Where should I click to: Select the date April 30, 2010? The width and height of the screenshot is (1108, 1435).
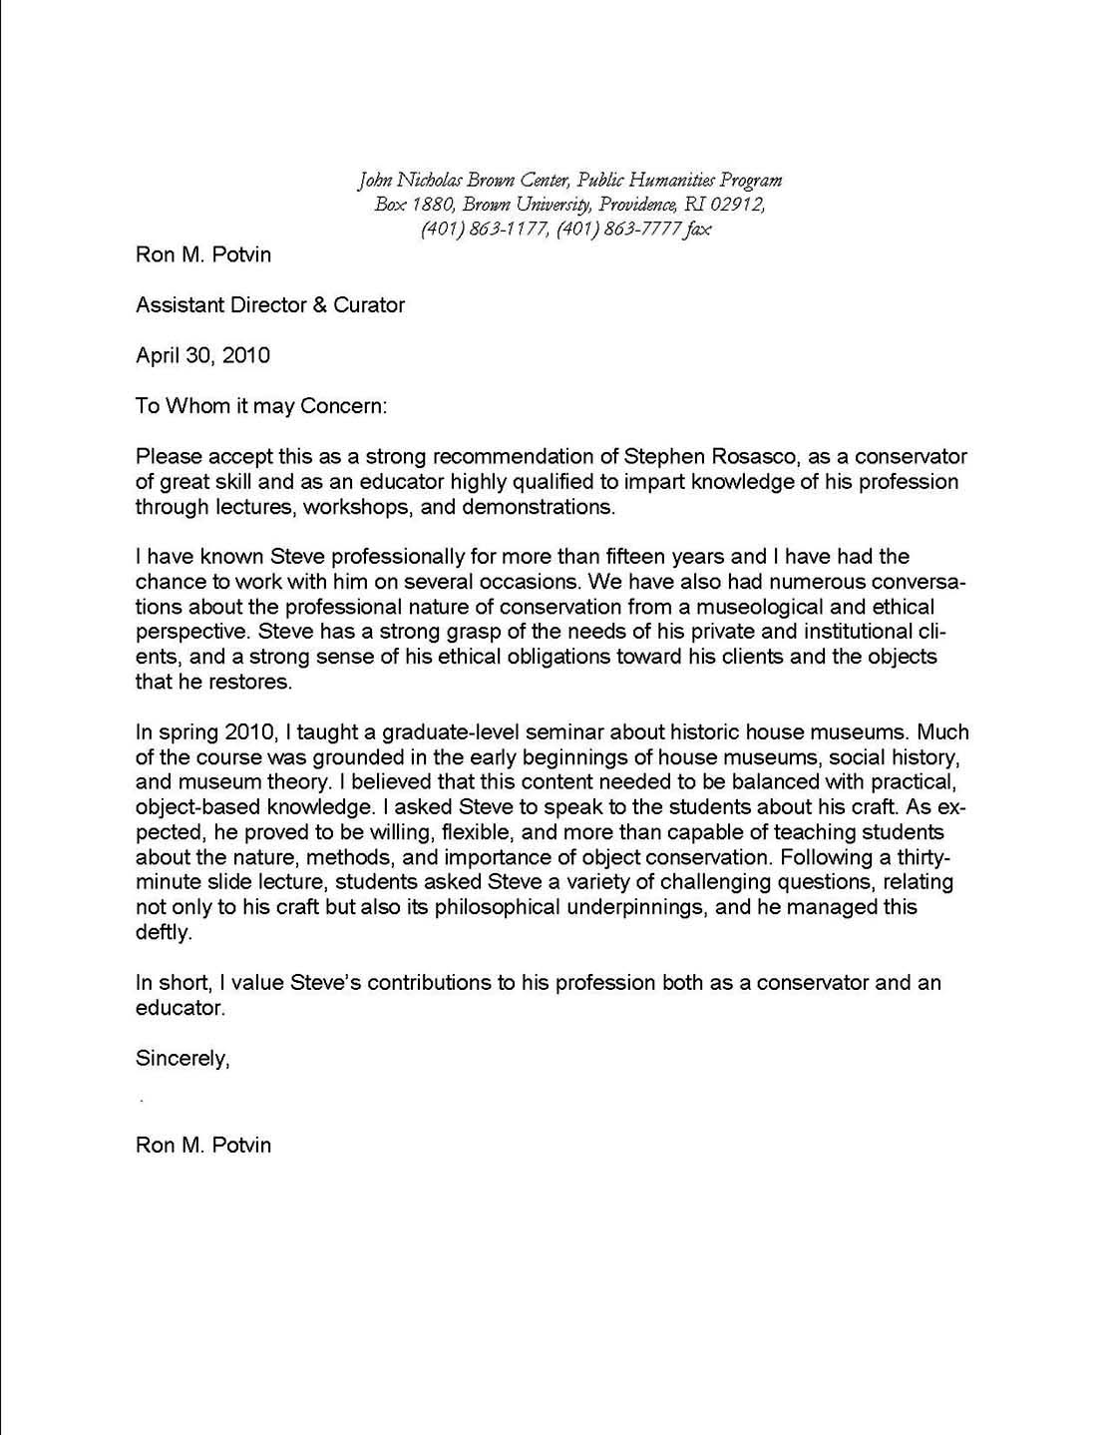pos(202,354)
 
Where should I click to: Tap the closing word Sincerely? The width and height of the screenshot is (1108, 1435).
pos(183,1058)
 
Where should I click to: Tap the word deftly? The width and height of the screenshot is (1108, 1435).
pos(163,932)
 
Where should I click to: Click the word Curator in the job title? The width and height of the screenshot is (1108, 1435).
pos(369,304)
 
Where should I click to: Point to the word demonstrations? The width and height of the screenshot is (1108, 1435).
pos(543,506)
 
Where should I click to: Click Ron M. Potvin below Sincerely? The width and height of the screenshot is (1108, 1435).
pos(203,1144)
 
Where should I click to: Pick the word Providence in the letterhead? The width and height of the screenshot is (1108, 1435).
pos(634,205)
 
